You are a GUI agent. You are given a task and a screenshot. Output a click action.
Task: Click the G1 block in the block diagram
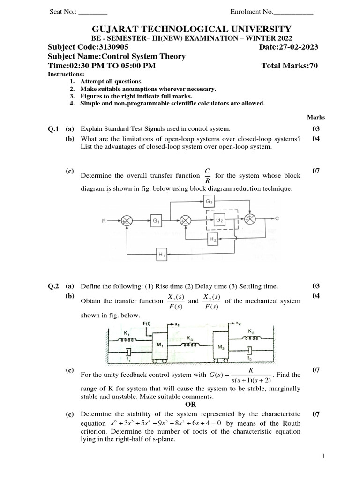[156, 219]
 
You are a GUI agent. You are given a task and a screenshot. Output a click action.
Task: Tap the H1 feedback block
[163, 255]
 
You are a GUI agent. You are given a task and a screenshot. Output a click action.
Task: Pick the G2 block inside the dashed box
[220, 219]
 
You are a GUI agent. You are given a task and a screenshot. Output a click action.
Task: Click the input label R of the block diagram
[104, 219]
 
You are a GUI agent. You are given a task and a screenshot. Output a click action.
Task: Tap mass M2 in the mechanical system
[221, 347]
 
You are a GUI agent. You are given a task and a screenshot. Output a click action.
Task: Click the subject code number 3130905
[112, 47]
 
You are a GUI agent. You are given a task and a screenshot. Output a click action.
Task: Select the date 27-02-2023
[299, 47]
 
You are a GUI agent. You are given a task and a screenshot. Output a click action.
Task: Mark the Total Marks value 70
[313, 66]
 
